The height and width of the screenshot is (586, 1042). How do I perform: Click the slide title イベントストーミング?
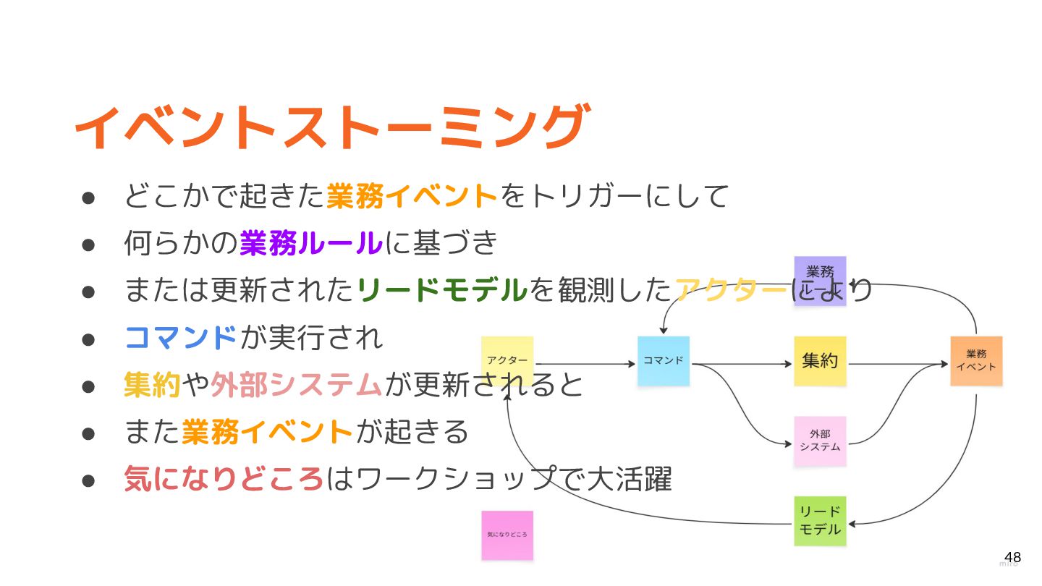point(330,127)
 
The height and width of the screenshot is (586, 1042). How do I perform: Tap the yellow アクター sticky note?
point(507,360)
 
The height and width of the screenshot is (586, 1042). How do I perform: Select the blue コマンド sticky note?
point(664,360)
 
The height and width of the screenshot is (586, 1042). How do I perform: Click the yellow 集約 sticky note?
point(820,360)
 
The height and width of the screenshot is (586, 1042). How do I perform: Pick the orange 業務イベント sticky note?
point(976,360)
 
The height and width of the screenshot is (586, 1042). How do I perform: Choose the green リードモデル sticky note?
point(820,520)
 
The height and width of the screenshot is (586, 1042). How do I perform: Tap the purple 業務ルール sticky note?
point(820,280)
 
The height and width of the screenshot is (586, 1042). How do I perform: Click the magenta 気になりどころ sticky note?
point(507,535)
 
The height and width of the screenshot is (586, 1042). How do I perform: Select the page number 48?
point(1012,557)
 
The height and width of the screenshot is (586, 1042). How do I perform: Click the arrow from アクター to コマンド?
point(586,364)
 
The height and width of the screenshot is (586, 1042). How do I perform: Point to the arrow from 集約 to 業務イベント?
point(897,364)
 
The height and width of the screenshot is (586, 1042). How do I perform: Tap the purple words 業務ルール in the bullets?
point(310,243)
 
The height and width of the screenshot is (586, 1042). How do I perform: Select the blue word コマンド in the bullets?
point(181,337)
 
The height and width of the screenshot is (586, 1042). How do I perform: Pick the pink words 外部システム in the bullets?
point(296,384)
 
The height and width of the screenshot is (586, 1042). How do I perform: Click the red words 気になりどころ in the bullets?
point(224,479)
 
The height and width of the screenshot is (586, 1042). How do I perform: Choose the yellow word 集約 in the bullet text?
point(152,384)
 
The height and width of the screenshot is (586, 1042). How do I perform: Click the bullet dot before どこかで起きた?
point(88,197)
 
